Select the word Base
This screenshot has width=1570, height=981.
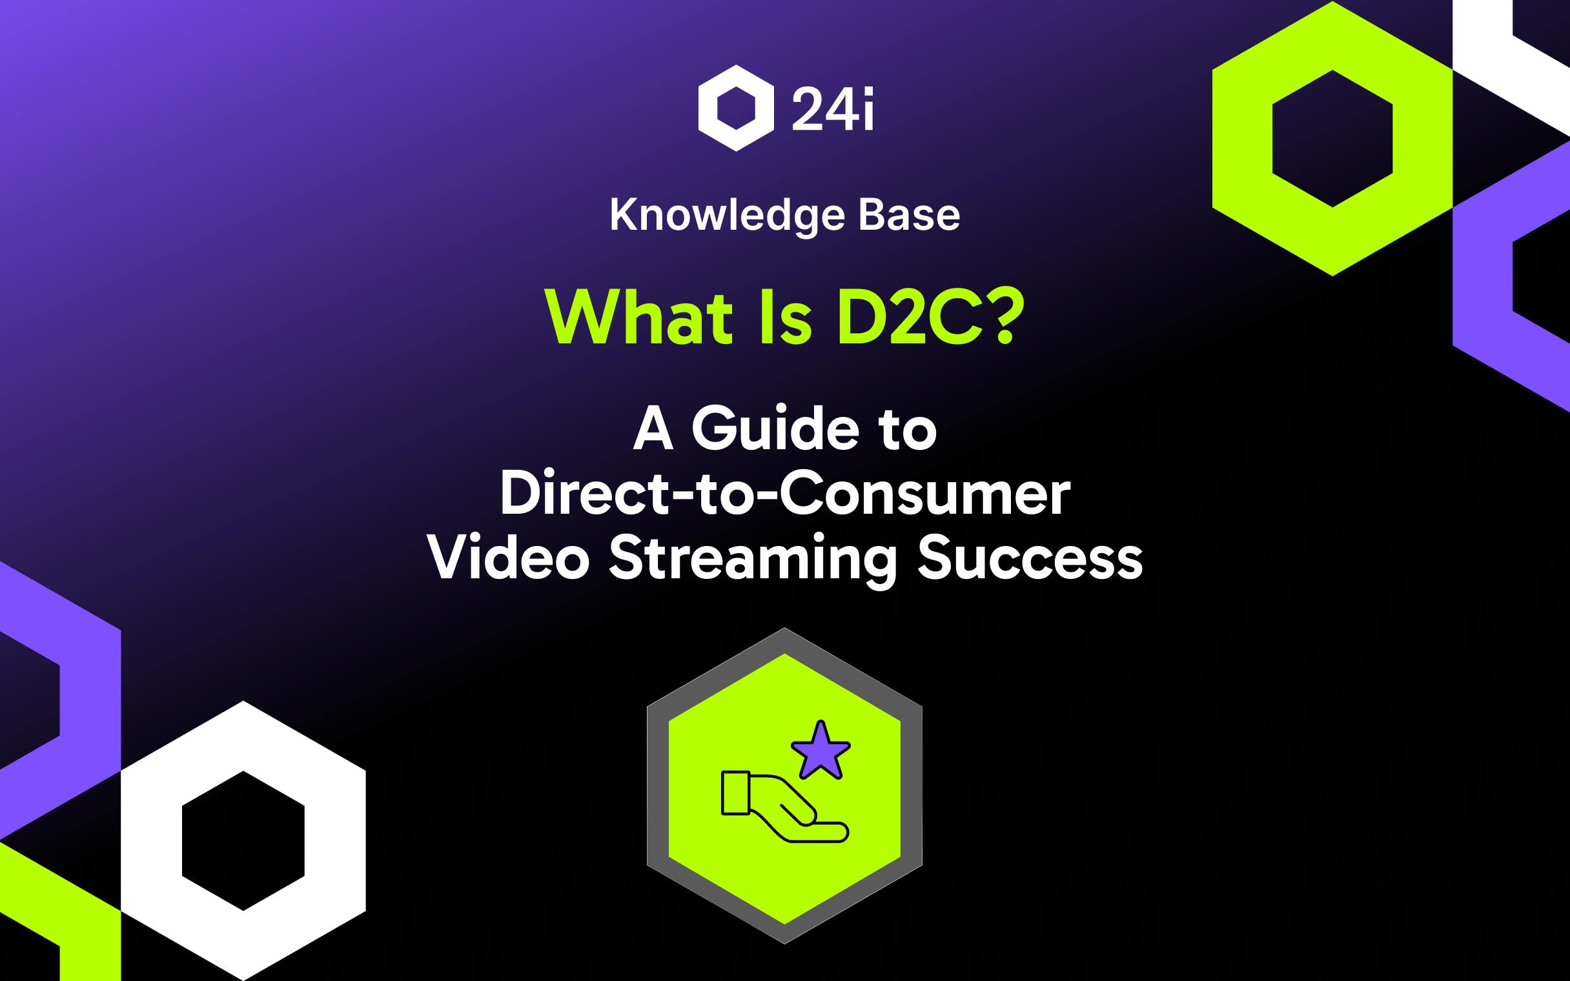(x=909, y=216)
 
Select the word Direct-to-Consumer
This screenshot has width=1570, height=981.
(x=784, y=495)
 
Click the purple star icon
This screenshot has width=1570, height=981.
(x=821, y=752)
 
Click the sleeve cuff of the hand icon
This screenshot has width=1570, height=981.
(x=736, y=792)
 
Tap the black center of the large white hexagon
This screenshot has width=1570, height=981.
(x=243, y=841)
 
